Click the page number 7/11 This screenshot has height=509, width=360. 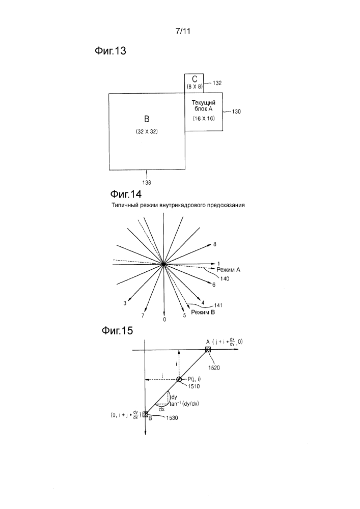183,31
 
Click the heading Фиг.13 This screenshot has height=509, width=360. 110,51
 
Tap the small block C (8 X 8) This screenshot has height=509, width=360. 194,83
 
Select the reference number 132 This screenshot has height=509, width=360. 217,83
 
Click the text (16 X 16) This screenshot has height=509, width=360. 204,119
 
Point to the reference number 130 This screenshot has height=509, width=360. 236,111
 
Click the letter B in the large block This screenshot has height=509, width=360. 147,119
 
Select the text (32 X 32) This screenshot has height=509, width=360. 147,132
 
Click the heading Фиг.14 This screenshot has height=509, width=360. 126,194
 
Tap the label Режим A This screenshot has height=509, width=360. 228,270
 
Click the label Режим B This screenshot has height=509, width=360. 203,313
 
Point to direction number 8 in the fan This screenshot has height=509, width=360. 214,244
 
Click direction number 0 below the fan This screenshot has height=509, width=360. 164,320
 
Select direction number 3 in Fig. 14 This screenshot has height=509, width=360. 125,303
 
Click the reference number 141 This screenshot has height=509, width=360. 218,305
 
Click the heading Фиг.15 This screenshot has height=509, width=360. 117,331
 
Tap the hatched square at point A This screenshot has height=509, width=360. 208,350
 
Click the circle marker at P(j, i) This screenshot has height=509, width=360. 179,379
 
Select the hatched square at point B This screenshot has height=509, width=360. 145,414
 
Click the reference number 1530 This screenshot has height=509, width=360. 172,418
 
